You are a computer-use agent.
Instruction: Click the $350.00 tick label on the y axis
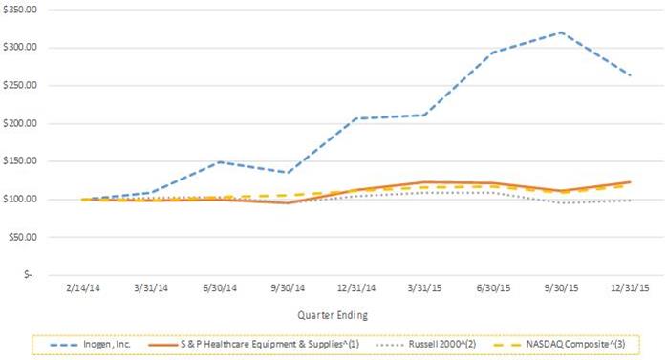tap(20, 10)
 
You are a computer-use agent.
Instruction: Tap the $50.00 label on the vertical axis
tap(23, 237)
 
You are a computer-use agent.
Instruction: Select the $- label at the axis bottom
tap(28, 275)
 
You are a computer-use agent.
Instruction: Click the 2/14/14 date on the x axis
tap(83, 287)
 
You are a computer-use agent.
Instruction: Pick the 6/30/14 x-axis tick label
tap(220, 287)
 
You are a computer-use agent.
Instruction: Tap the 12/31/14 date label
tap(356, 287)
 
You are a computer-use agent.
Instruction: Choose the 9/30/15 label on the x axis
tap(562, 287)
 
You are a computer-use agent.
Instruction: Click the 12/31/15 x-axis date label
tap(630, 287)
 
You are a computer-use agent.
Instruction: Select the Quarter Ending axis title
tap(333, 315)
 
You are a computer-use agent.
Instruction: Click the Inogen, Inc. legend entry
tap(90, 345)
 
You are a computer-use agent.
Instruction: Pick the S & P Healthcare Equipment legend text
tap(254, 345)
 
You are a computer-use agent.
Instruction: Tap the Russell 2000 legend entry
tap(426, 345)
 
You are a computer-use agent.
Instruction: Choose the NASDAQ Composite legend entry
tap(559, 345)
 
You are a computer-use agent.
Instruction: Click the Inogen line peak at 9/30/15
tap(562, 32)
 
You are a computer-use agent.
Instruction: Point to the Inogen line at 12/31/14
tap(356, 118)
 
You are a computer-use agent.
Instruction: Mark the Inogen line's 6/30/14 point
tap(220, 162)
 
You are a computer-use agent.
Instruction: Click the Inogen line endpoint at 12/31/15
tap(630, 75)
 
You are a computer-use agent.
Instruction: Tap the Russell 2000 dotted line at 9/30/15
tap(562, 202)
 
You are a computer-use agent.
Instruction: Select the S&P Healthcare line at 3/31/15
tap(425, 182)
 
